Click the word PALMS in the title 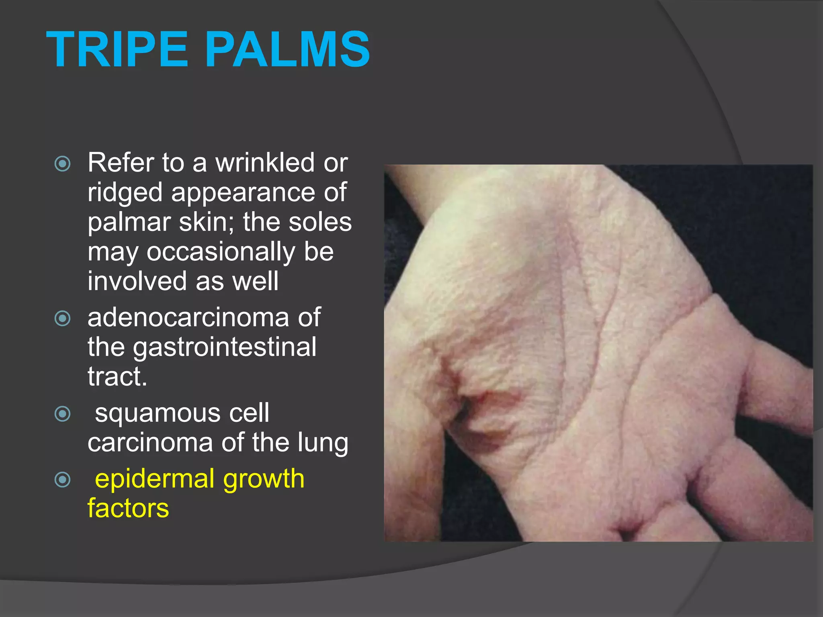point(287,50)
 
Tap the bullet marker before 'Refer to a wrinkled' point(63,163)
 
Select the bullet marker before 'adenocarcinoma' point(63,319)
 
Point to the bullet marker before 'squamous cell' point(63,414)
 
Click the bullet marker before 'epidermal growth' point(63,479)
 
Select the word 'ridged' point(125,193)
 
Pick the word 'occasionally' point(221,252)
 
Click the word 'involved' point(137,281)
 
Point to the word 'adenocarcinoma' point(188,317)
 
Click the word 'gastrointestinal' point(224,347)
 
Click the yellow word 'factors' point(128,508)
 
